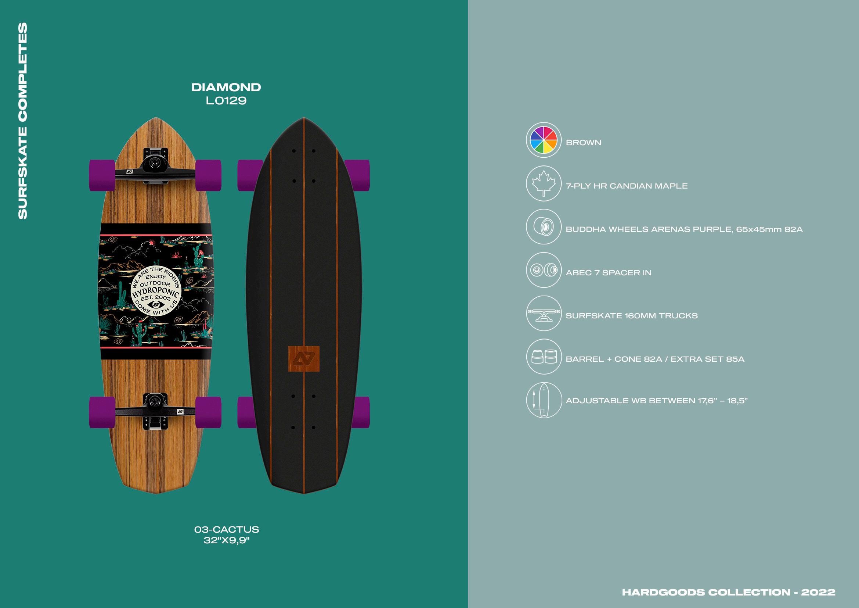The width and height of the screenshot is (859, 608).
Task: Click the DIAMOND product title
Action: pyautogui.click(x=226, y=87)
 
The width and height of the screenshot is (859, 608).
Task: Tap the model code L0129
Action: pyautogui.click(x=226, y=100)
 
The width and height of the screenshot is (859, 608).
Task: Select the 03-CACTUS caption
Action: pyautogui.click(x=226, y=529)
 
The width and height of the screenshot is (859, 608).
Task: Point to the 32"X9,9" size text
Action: pyautogui.click(x=226, y=540)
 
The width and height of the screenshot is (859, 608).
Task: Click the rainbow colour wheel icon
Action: pyautogui.click(x=544, y=140)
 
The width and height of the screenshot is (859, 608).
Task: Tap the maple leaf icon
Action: pyautogui.click(x=544, y=183)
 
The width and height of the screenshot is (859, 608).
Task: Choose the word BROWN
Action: pyautogui.click(x=583, y=143)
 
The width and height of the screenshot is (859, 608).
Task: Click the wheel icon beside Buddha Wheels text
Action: pyautogui.click(x=544, y=227)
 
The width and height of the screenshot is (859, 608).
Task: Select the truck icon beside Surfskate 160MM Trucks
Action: pyautogui.click(x=544, y=314)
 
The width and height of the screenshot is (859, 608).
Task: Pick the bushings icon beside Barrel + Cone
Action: pyautogui.click(x=544, y=357)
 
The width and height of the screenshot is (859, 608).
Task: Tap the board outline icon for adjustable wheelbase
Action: pyautogui.click(x=544, y=400)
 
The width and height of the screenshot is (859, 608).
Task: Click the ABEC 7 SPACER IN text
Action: pyautogui.click(x=608, y=272)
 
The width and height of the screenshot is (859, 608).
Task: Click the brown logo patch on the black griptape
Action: pyautogui.click(x=304, y=359)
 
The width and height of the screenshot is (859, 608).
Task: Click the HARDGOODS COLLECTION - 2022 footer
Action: pyautogui.click(x=728, y=592)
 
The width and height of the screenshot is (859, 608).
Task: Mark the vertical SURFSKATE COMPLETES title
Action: pyautogui.click(x=23, y=121)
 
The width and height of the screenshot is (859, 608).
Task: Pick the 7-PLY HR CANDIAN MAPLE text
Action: pyautogui.click(x=627, y=186)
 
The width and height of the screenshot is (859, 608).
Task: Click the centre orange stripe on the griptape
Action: pyautogui.click(x=304, y=262)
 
